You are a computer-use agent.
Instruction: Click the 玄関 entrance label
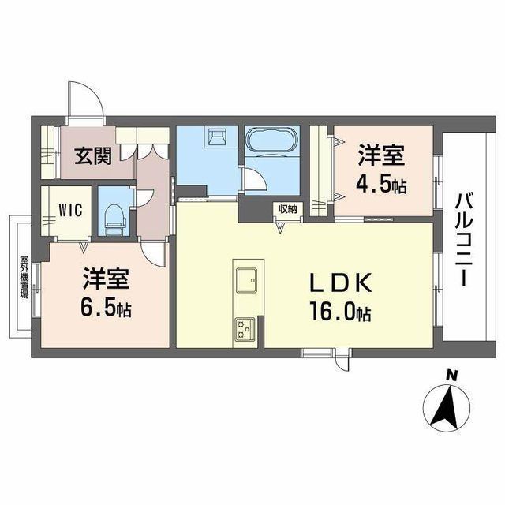pyautogui.click(x=93, y=155)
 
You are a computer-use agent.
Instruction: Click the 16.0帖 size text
pyautogui.click(x=341, y=313)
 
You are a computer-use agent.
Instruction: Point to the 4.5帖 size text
pyautogui.click(x=383, y=187)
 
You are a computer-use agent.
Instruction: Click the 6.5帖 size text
pyautogui.click(x=105, y=306)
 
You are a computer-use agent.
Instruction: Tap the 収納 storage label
pyautogui.click(x=286, y=209)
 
